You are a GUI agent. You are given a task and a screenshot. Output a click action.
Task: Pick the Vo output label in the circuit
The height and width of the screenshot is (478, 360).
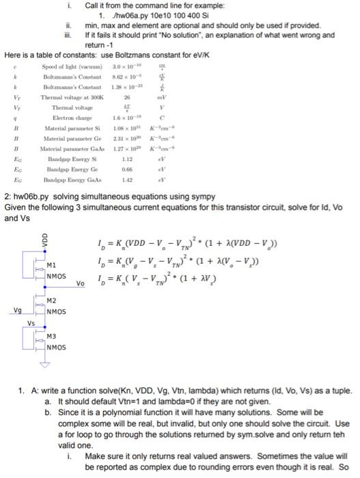click(81, 283)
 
